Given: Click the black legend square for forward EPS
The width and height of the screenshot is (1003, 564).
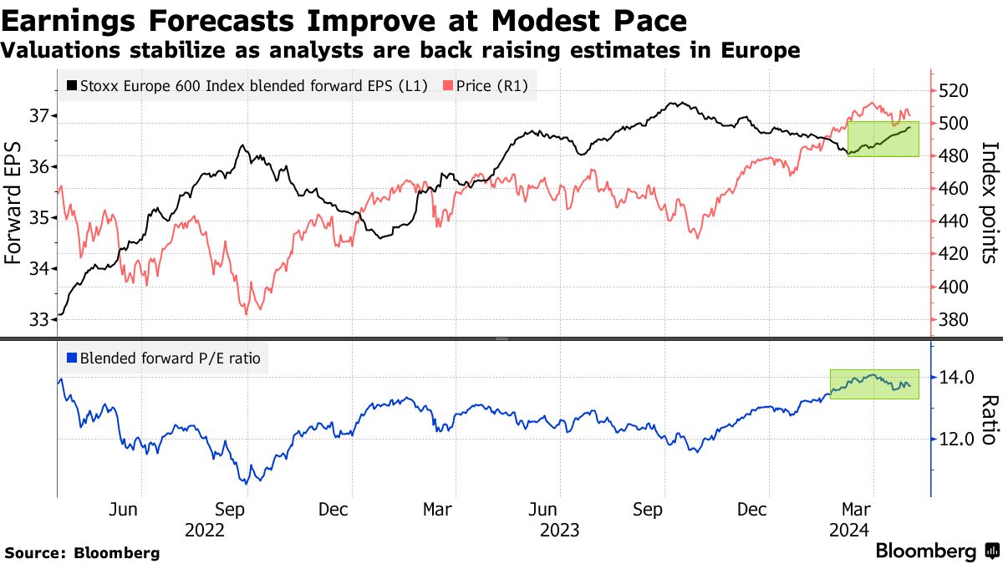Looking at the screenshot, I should coord(73,85).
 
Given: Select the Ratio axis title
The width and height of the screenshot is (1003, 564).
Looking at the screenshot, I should coord(989,420).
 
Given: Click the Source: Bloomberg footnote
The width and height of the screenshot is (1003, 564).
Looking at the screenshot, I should coord(82,552).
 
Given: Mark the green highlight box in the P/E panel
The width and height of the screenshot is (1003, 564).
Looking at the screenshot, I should coord(874,384).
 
